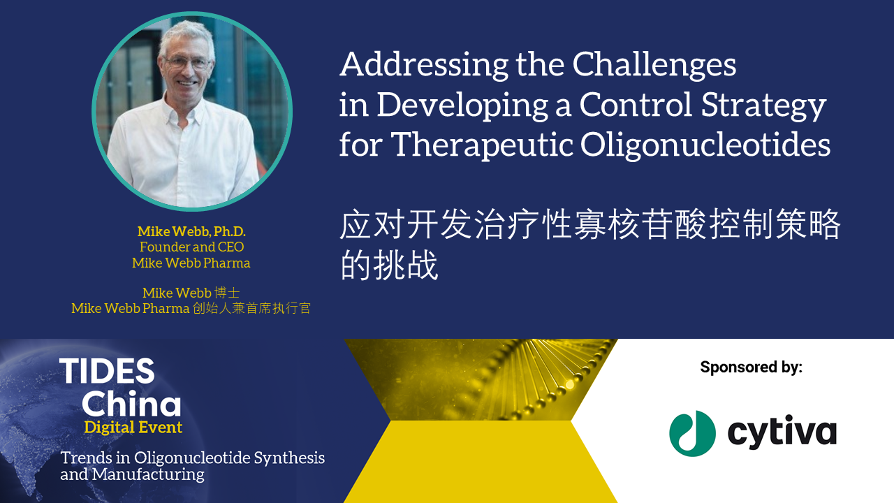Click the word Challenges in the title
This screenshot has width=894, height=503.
tap(654, 65)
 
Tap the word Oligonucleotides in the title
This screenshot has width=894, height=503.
tap(705, 145)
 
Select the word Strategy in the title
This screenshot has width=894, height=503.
tap(763, 105)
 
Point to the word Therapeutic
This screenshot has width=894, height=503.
tap(482, 145)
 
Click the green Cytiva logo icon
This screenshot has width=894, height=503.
tap(692, 434)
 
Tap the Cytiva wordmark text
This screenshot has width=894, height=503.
tap(782, 432)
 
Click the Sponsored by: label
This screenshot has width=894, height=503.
tap(751, 367)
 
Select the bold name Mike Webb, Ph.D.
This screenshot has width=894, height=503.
tap(191, 231)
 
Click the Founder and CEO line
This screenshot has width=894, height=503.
tap(191, 247)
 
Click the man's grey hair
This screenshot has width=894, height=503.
tap(186, 37)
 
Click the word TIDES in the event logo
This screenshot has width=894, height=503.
tap(107, 371)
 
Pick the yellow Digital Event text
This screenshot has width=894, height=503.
tap(133, 428)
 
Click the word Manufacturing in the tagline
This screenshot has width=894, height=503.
tap(148, 474)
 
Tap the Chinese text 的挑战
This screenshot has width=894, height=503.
tap(390, 265)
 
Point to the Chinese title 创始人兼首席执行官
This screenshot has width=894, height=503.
tap(251, 309)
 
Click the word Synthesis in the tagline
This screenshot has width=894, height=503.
tap(289, 458)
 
